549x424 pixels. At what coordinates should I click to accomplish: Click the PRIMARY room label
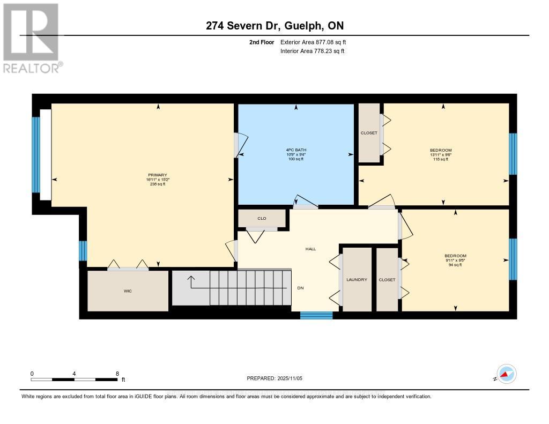(x=158, y=175)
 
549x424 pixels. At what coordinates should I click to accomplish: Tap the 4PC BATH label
(x=295, y=150)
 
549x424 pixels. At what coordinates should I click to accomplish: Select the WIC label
(x=128, y=291)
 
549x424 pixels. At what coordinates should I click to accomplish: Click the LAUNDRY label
(x=357, y=280)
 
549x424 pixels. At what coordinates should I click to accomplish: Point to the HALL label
(x=310, y=249)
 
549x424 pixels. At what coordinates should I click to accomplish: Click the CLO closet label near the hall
(x=262, y=219)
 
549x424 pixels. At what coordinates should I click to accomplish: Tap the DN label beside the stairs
(x=300, y=288)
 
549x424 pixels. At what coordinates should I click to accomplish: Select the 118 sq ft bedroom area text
(x=441, y=159)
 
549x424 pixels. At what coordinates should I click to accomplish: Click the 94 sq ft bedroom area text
(x=455, y=265)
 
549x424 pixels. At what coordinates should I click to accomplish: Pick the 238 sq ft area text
(x=158, y=184)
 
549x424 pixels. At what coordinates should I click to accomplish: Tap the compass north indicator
(x=506, y=374)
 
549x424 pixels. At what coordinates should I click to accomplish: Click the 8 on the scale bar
(x=117, y=373)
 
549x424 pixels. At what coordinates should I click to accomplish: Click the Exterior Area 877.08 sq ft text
(x=317, y=42)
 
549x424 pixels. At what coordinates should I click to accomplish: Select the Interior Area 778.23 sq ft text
(x=312, y=51)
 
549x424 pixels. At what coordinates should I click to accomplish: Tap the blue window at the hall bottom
(x=316, y=315)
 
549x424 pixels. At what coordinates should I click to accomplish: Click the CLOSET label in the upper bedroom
(x=368, y=133)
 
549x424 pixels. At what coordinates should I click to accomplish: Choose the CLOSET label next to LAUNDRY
(x=387, y=280)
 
